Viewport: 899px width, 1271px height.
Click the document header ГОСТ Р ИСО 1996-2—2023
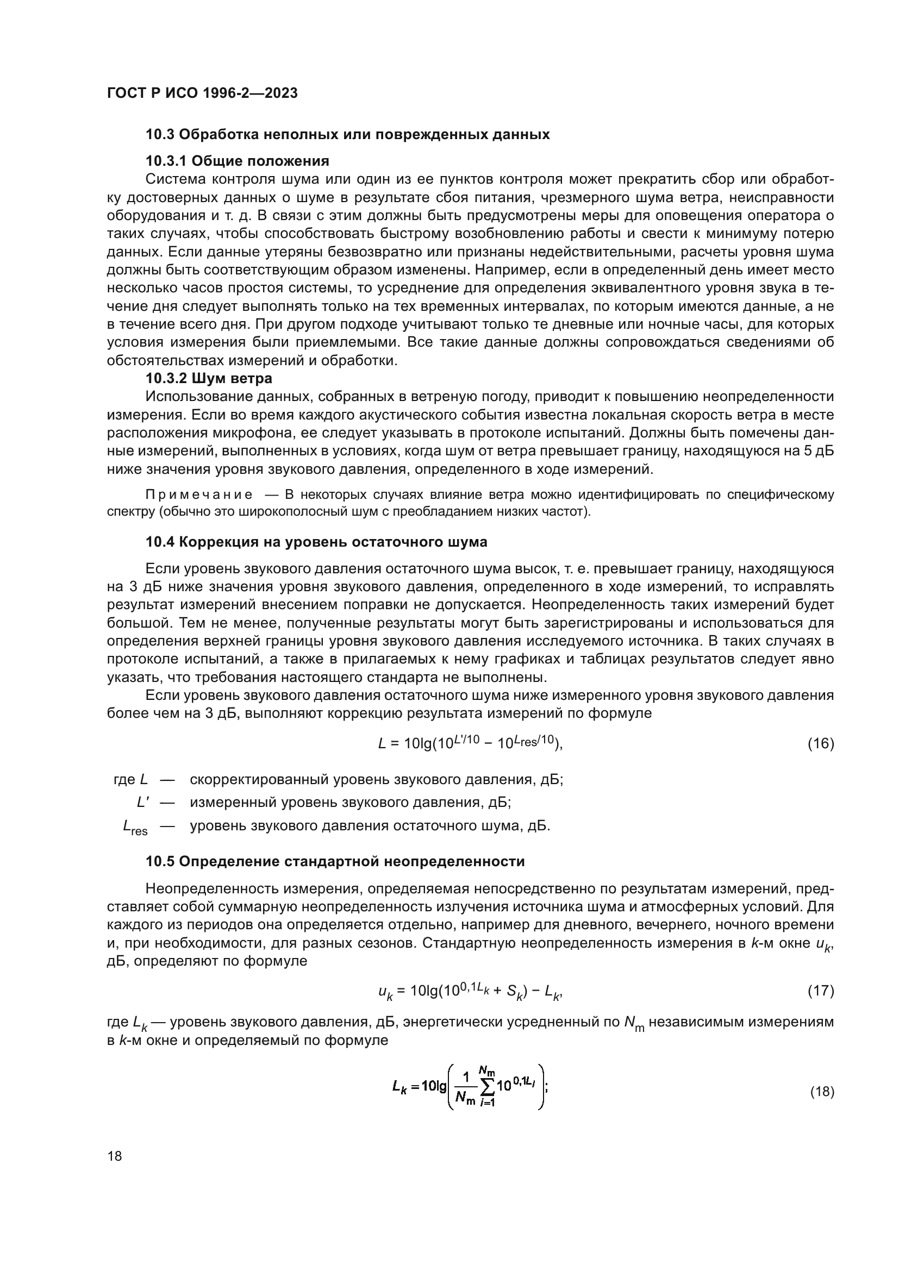click(202, 93)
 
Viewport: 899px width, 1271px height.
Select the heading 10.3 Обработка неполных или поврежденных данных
click(348, 135)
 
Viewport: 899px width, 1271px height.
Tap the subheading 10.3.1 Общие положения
click(238, 161)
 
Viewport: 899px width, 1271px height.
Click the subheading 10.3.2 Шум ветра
click(209, 379)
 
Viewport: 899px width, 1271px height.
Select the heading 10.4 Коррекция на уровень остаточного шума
click(316, 542)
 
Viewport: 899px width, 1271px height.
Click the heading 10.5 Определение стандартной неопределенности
click(335, 862)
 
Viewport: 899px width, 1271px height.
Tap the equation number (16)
click(820, 743)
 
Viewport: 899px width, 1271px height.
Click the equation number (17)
click(820, 991)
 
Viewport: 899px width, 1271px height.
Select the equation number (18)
click(821, 1092)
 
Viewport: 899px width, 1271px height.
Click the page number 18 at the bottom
click(115, 1156)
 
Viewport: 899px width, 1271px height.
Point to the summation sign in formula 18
click(486, 1087)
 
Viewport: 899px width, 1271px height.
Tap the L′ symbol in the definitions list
click(142, 802)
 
